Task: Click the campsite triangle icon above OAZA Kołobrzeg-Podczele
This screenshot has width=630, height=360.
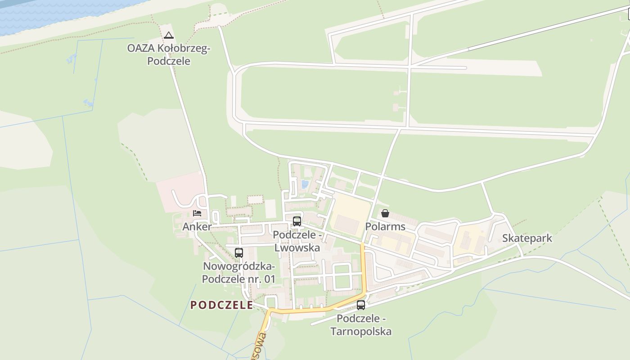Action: click(169, 35)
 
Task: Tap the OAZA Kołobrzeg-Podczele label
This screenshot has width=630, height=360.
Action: click(169, 54)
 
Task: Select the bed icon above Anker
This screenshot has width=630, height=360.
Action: click(197, 213)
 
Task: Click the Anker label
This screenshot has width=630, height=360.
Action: click(197, 227)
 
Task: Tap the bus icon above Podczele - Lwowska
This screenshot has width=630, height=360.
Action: click(297, 221)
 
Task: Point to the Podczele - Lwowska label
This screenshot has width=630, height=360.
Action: click(297, 242)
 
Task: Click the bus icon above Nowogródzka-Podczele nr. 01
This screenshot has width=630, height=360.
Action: click(238, 252)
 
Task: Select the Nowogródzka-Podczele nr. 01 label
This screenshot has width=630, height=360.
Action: click(238, 273)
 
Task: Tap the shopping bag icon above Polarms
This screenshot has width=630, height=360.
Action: click(385, 213)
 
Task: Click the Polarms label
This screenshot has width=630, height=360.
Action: click(385, 226)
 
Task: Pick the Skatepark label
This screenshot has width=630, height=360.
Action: click(527, 238)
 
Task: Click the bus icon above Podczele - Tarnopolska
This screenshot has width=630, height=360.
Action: click(360, 305)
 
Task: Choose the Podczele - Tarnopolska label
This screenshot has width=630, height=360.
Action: click(361, 325)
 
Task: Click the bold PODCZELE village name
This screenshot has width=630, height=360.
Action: click(221, 305)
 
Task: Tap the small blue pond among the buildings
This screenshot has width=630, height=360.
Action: click(305, 184)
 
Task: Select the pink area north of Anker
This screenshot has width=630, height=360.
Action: click(180, 189)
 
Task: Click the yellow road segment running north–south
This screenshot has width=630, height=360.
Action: click(363, 270)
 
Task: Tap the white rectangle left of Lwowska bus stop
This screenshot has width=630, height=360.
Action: click(270, 209)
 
